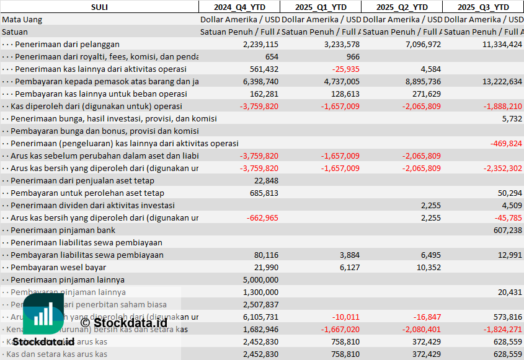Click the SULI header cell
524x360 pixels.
(x=99, y=7)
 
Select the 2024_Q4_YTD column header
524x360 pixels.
(x=239, y=7)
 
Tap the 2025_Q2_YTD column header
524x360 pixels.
(x=402, y=7)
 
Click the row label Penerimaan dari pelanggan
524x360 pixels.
(x=67, y=45)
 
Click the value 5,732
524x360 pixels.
(x=512, y=119)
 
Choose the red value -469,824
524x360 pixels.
(x=506, y=144)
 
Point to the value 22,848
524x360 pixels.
(x=266, y=181)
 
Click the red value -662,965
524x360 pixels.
(x=262, y=218)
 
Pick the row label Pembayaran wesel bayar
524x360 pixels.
(x=58, y=268)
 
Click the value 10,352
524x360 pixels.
(x=429, y=268)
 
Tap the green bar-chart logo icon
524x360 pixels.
(x=43, y=314)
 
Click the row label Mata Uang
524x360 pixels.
(x=22, y=20)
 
